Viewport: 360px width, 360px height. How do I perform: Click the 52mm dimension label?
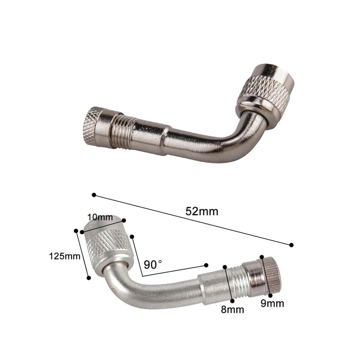[202, 211]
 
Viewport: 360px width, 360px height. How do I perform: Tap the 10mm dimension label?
[100, 217]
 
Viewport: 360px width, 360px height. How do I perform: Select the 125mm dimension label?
[65, 256]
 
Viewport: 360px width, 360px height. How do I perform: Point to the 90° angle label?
[153, 265]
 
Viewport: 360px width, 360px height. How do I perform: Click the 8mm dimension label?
[232, 310]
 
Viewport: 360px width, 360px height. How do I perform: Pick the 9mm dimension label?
[272, 303]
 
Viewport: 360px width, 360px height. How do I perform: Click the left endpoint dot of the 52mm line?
[94, 195]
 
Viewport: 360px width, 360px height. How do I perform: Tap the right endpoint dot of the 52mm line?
[291, 245]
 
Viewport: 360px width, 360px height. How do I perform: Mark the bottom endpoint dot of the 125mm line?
[89, 278]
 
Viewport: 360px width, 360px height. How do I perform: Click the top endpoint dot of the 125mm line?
[76, 230]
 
